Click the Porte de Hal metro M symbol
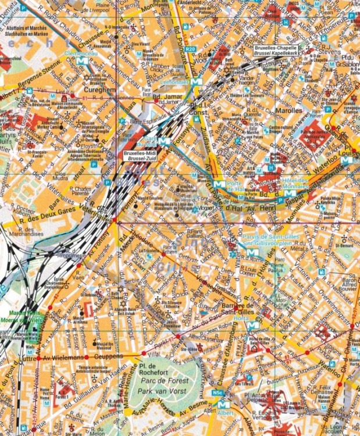(218, 184)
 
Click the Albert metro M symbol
(219, 403)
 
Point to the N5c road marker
(218, 394)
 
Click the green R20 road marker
(189, 50)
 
